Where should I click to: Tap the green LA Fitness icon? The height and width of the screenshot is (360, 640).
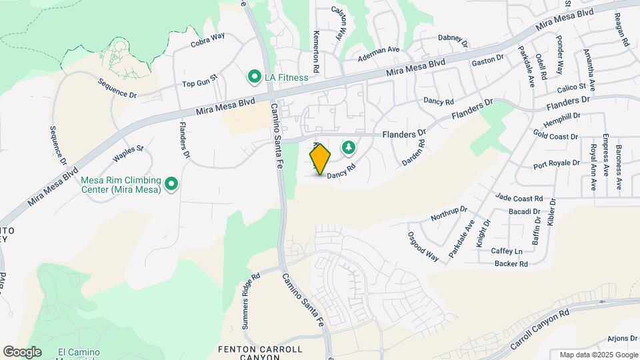(254, 77)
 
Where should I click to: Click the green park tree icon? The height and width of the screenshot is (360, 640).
(347, 147)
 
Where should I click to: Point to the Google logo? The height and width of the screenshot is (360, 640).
(22, 351)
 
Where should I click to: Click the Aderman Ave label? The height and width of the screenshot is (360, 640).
(379, 49)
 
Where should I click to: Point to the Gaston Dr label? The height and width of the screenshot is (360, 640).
(487, 61)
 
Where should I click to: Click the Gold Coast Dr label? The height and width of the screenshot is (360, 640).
(555, 136)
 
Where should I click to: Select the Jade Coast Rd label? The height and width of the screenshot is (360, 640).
(519, 197)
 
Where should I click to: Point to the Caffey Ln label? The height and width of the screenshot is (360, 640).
(507, 251)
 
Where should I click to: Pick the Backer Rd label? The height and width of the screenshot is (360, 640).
(511, 264)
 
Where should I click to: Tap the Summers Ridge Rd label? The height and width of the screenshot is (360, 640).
(251, 292)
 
